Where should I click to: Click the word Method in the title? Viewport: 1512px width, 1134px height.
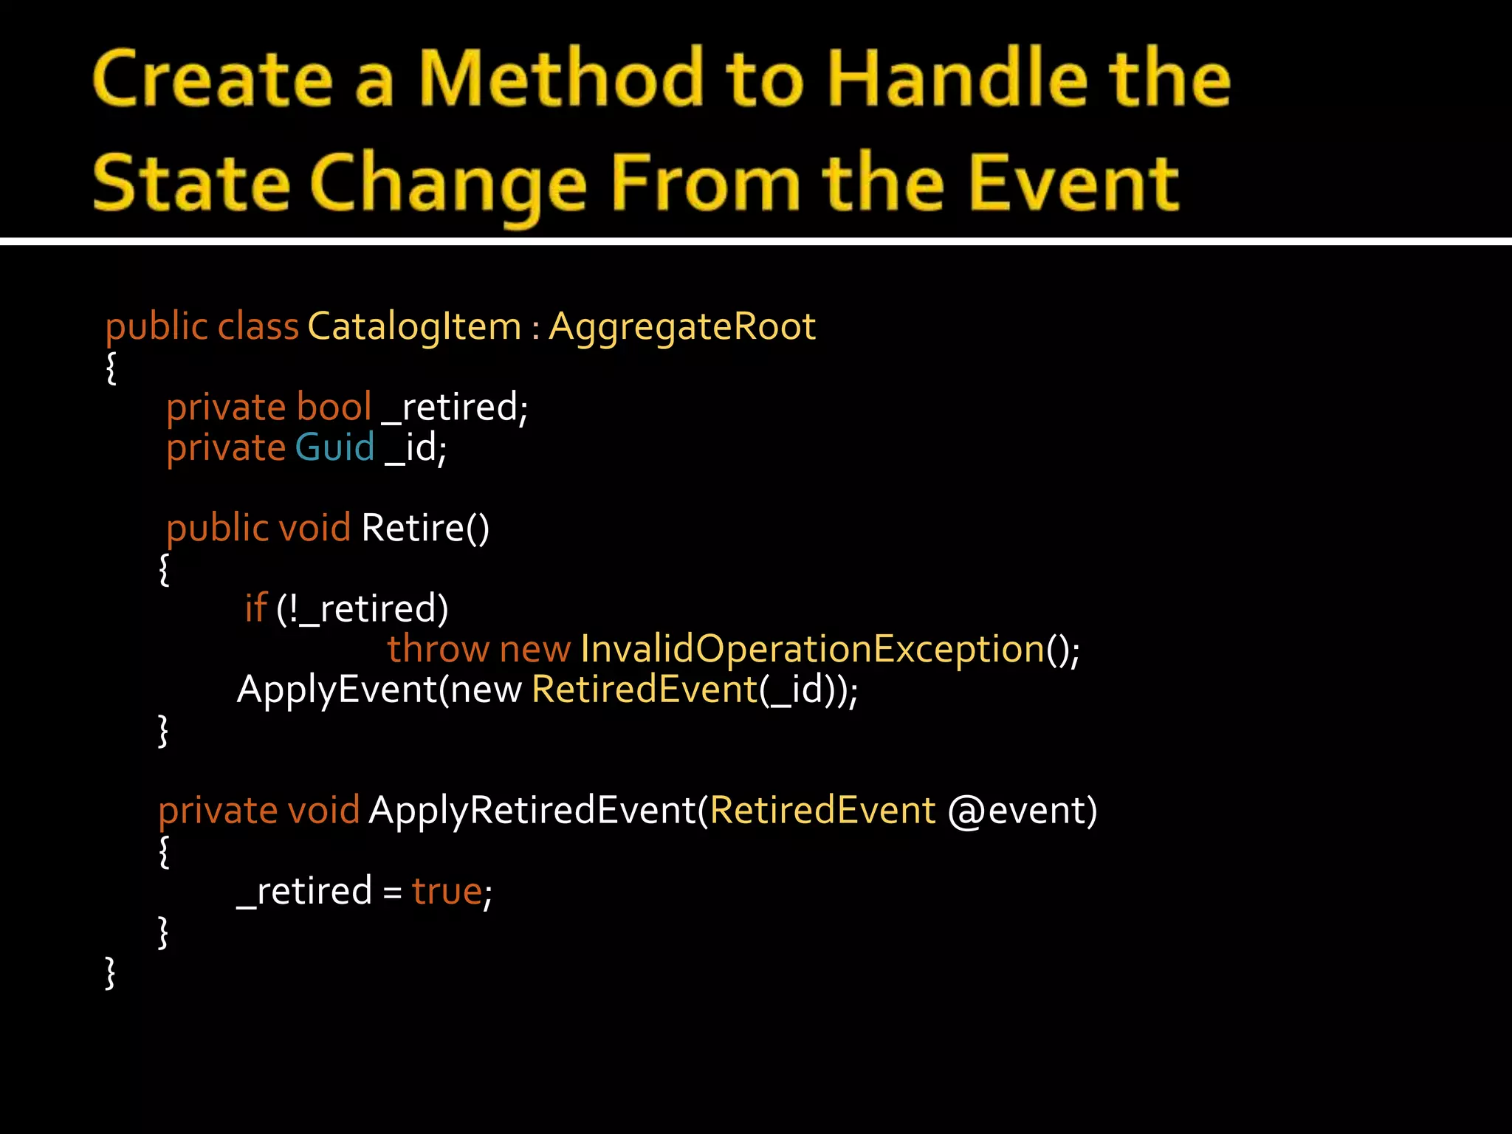[x=561, y=78]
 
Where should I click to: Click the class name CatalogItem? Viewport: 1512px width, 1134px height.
[x=414, y=326]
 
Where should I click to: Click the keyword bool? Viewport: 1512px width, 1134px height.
[x=334, y=407]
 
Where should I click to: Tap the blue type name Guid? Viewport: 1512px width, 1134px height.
[x=334, y=447]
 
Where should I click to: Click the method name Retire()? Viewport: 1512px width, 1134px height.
[x=425, y=529]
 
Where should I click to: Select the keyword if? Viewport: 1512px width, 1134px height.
[x=255, y=608]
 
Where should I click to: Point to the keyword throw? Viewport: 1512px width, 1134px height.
[x=437, y=649]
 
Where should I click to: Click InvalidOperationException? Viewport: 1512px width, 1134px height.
[x=812, y=650]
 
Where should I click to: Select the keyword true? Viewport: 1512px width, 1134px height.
[x=447, y=891]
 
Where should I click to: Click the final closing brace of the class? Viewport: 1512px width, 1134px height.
[x=110, y=973]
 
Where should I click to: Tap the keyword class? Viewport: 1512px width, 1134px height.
[x=258, y=326]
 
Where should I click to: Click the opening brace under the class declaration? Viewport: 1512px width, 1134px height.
[x=111, y=368]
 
